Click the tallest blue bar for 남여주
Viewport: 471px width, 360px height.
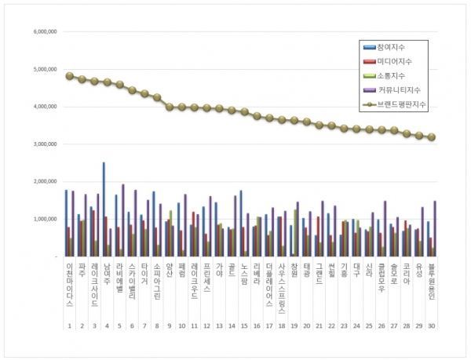104,209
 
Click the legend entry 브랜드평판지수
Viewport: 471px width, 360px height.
397,103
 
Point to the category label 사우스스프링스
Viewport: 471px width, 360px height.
281,288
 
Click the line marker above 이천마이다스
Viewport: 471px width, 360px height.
69,76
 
